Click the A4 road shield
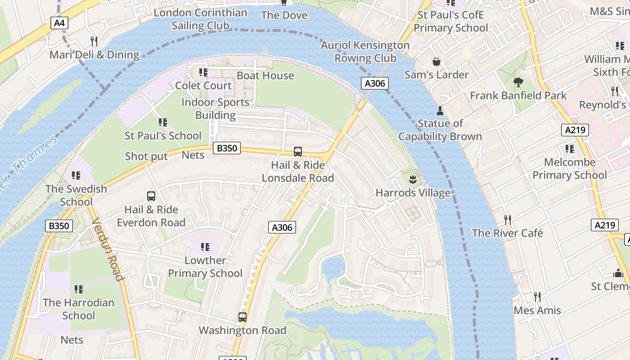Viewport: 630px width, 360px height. [59, 23]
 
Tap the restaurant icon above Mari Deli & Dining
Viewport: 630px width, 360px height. [94, 41]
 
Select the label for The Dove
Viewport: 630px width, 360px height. [284, 15]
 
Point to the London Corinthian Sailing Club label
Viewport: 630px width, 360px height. [200, 19]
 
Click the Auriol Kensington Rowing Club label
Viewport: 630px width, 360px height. [365, 52]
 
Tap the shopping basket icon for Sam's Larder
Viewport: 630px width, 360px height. [436, 62]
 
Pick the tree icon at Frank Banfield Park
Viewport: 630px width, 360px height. [518, 82]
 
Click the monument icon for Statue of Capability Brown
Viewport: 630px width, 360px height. [440, 110]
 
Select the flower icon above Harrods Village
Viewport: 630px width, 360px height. [412, 180]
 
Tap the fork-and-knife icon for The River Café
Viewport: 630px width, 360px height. [508, 220]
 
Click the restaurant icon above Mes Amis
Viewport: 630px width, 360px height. [537, 297]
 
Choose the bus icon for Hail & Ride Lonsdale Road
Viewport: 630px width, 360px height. [297, 152]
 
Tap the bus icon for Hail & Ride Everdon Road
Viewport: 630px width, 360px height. [151, 196]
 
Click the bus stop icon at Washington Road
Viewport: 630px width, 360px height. [243, 317]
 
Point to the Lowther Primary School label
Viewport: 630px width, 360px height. [205, 267]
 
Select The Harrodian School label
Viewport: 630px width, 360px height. [79, 309]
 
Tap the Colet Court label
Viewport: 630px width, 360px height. [203, 85]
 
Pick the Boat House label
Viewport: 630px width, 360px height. [265, 76]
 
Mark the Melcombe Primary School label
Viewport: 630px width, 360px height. [570, 169]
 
